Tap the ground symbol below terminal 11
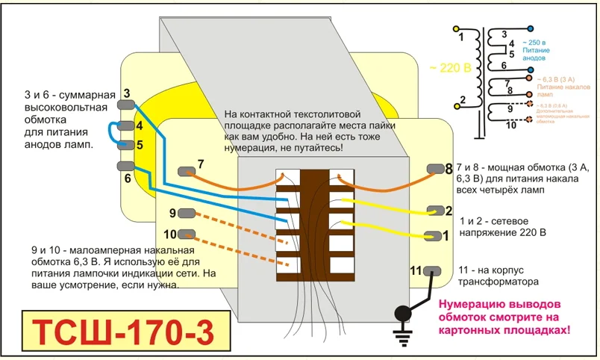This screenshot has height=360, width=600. pyautogui.click(x=403, y=338)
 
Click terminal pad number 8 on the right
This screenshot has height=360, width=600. pyautogui.click(x=433, y=170)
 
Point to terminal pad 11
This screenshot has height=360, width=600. pyautogui.click(x=431, y=270)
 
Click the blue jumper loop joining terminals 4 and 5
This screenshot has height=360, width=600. pyautogui.click(x=110, y=132)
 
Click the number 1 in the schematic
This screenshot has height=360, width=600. pyautogui.click(x=460, y=36)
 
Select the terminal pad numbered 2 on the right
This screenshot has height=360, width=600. pyautogui.click(x=433, y=211)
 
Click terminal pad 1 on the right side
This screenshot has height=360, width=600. pyautogui.click(x=433, y=236)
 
